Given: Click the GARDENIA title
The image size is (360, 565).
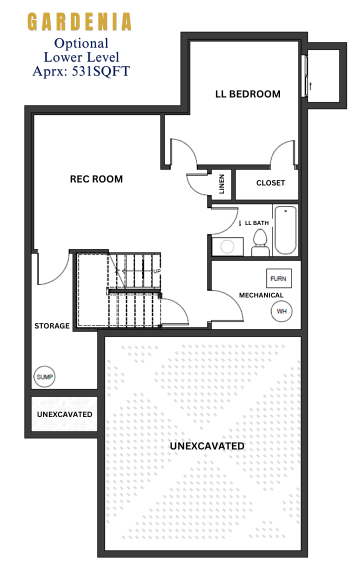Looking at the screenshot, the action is click(79, 21).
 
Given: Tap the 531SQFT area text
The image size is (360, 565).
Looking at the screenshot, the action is click(101, 71).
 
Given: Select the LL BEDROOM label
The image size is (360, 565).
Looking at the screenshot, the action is click(248, 94).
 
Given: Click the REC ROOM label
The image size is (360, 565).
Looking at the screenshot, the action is click(96, 179).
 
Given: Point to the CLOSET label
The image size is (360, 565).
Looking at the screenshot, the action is click(270, 183).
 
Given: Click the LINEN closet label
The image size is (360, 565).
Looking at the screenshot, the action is click(222, 184).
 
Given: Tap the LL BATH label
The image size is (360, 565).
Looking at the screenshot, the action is click(257, 223).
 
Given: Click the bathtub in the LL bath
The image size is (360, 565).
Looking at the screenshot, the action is click(285, 230).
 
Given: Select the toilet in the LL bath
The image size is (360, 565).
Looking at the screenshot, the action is click(260, 243).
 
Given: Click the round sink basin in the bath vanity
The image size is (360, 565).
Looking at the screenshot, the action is click(227, 247).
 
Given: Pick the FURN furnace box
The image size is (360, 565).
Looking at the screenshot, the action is click(278, 278).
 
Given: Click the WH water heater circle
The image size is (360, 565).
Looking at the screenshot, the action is click(281, 311).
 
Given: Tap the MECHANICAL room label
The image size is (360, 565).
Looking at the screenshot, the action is click(261, 295).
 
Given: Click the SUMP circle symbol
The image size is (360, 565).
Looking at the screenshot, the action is click(44, 377).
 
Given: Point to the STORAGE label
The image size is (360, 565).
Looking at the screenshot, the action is click(52, 325).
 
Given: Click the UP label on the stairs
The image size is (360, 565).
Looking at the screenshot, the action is click(157, 271).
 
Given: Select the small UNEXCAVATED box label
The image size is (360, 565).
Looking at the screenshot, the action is click(64, 414).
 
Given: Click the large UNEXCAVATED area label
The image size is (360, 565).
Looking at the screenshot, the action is click(207, 446).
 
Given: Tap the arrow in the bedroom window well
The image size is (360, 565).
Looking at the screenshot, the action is click(310, 86).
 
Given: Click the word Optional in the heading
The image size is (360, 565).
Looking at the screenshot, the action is click(81, 43).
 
